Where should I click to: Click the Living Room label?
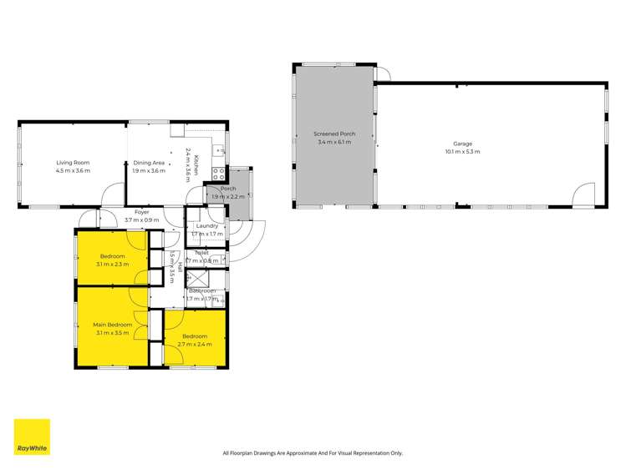pos(73,163)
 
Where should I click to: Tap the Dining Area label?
pos(149,163)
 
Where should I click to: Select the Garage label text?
pos(462,144)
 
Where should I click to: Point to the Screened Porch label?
pos(334,134)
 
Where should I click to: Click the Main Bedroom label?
pos(112,324)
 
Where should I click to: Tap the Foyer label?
pos(141,213)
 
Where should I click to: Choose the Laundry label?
pos(206,225)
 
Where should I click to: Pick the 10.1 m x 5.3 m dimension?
pos(462,152)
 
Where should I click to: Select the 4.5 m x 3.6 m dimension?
pos(73,171)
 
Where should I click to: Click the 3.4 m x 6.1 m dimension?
pos(334,143)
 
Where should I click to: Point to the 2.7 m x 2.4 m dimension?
pos(195,344)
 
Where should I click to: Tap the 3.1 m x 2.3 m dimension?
pos(112,265)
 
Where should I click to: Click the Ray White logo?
pos(32,436)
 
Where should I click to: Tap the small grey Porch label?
pos(228,189)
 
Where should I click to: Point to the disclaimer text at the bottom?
pos(313,453)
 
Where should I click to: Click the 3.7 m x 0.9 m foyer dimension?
pos(141,220)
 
